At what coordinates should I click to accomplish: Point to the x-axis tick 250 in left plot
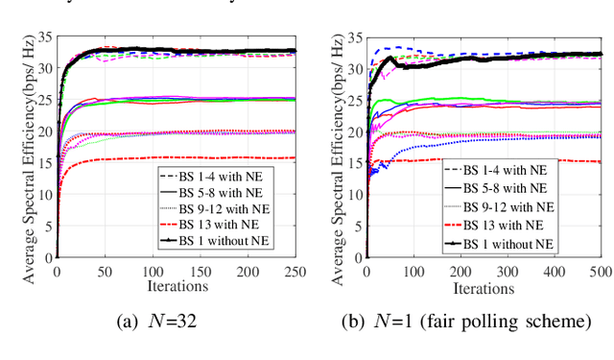(294, 272)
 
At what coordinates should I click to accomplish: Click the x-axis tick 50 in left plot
(104, 272)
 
